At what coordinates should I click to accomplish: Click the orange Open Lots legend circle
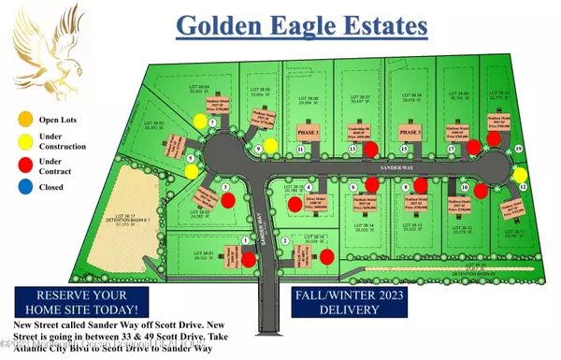click(x=23, y=119)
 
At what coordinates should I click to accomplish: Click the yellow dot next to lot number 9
click(x=270, y=145)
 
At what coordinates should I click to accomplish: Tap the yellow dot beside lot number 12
click(x=521, y=174)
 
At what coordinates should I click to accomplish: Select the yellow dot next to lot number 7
click(x=201, y=122)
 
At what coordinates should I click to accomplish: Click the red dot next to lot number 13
click(x=370, y=149)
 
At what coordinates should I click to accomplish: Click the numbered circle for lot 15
click(x=403, y=150)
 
